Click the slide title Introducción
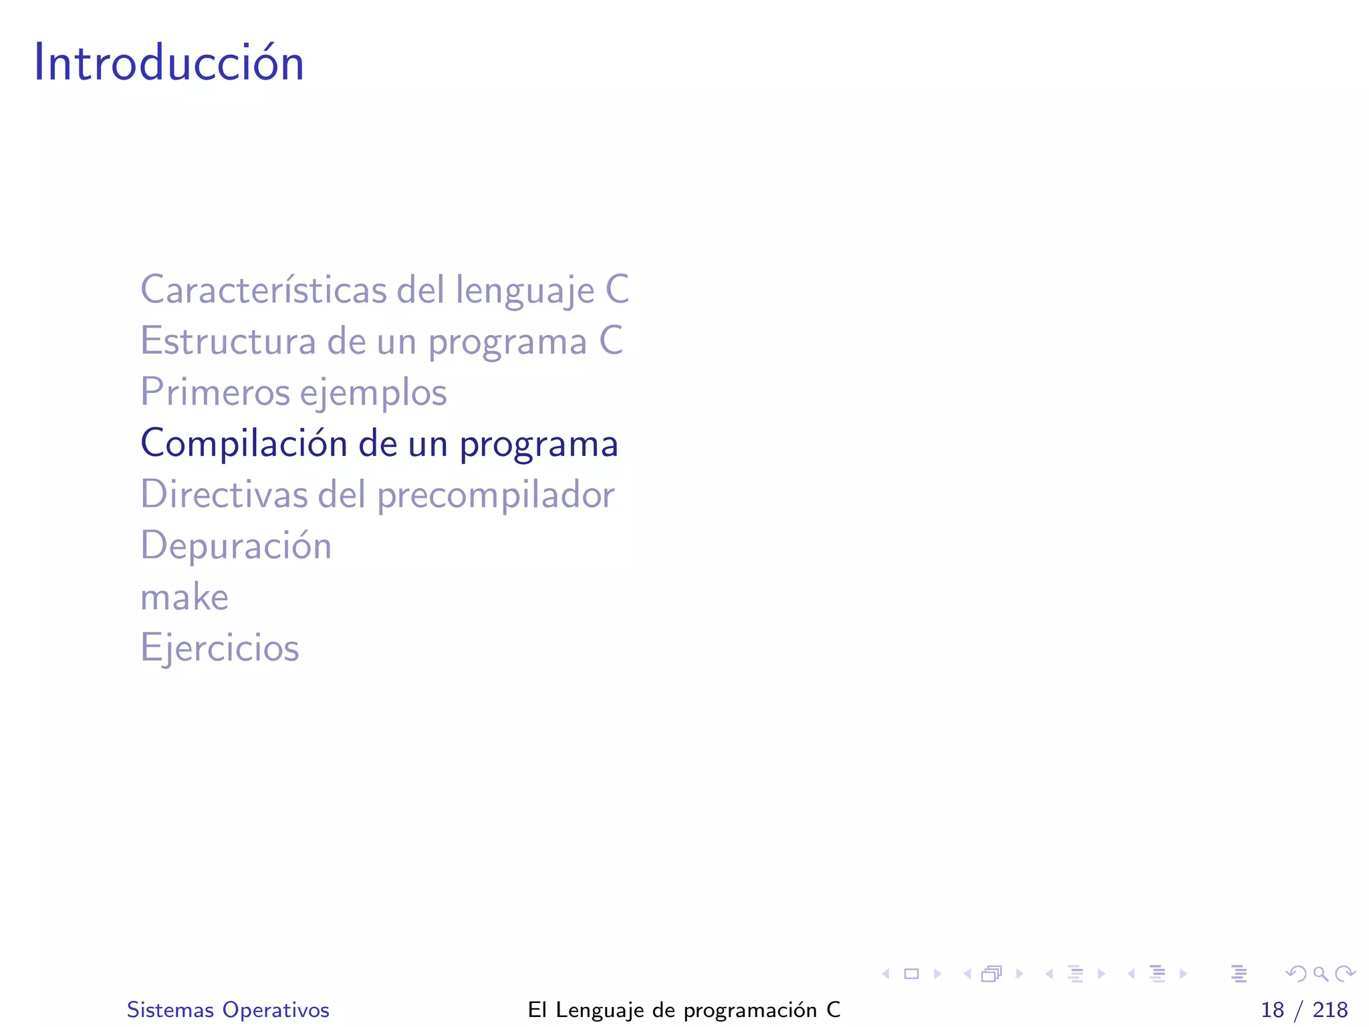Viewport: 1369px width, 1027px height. [x=169, y=63]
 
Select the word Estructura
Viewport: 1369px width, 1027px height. [x=228, y=341]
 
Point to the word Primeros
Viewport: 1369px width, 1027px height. [x=215, y=392]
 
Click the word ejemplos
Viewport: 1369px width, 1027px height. [x=373, y=393]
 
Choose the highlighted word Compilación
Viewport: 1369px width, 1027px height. [x=243, y=443]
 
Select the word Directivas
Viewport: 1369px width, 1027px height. [x=225, y=495]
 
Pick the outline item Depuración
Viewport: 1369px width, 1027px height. [x=236, y=546]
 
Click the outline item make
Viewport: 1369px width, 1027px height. [x=184, y=597]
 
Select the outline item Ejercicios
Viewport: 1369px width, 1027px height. [x=220, y=648]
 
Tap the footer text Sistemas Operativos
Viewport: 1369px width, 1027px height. [x=228, y=1010]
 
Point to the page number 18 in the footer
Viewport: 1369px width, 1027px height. [x=1272, y=1010]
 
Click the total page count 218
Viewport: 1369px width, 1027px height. [x=1330, y=1010]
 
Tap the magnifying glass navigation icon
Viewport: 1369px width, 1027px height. [x=1320, y=974]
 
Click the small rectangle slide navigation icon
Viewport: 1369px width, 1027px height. [x=911, y=974]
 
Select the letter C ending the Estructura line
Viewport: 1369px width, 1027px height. [x=611, y=341]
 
